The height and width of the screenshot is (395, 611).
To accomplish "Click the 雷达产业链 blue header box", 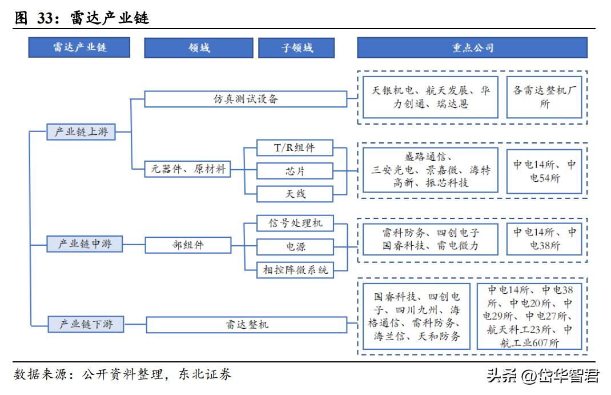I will click(x=79, y=47).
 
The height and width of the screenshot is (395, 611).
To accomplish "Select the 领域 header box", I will click(x=198, y=47).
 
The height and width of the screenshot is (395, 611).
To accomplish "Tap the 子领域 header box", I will click(x=296, y=47).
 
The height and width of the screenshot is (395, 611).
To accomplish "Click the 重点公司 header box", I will click(x=472, y=47).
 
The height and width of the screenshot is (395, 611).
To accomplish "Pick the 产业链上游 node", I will click(x=81, y=132).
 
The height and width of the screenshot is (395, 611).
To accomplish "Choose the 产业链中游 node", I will click(x=81, y=244).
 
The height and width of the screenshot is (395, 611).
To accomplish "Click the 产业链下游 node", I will click(x=81, y=324).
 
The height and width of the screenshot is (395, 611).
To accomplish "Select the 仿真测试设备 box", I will click(x=246, y=99).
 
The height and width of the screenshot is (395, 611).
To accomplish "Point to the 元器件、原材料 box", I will click(x=188, y=169).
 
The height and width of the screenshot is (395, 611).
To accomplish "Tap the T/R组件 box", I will click(x=294, y=147).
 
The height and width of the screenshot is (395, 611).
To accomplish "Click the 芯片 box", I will click(x=294, y=171).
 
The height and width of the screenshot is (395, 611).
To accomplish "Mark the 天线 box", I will click(x=294, y=194).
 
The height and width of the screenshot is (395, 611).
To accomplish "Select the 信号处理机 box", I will click(x=294, y=223).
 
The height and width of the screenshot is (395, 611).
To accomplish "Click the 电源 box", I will click(x=294, y=247).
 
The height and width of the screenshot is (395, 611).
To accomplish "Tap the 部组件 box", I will click(x=188, y=245).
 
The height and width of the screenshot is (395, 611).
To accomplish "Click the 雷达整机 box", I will click(x=246, y=325).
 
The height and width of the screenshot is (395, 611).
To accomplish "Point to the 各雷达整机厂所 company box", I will click(x=544, y=97).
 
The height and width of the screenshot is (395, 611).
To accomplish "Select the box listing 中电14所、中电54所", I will click(x=544, y=171).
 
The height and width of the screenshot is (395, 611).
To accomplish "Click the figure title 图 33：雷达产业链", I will click(x=81, y=18).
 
